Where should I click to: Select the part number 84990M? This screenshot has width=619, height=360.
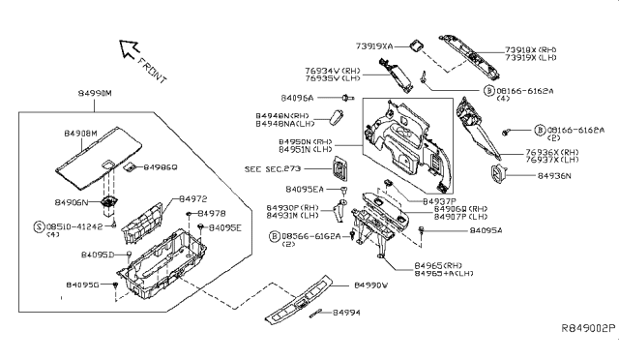94,94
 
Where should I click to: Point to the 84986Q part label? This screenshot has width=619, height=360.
162,167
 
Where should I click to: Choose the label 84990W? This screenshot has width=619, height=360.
368,286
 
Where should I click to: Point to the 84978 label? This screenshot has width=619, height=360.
213,212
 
